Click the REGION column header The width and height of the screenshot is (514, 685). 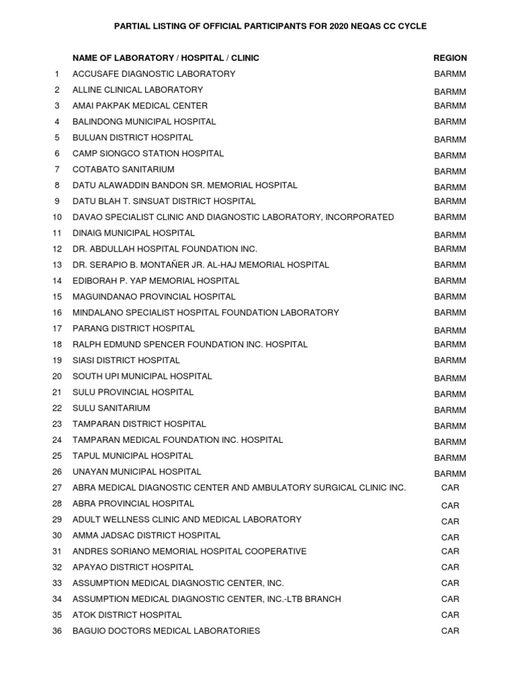click(450, 58)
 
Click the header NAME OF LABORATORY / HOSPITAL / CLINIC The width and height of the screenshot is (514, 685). click(165, 58)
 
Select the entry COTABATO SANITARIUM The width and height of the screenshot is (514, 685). click(123, 169)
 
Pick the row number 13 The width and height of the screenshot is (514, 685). click(57, 265)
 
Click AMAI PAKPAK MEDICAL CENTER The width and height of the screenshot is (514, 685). click(140, 106)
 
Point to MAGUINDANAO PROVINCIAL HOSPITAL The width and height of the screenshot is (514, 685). click(154, 296)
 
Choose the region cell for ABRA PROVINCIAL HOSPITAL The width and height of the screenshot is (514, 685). click(450, 505)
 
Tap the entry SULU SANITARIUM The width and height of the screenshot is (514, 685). click(111, 408)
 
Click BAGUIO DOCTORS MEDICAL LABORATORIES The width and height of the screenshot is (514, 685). click(166, 631)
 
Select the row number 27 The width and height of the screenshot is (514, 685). click(57, 488)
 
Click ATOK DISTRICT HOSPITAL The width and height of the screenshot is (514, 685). click(127, 615)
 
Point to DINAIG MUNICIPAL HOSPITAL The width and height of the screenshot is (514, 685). click(134, 233)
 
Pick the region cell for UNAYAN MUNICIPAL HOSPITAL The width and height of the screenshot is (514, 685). click(450, 474)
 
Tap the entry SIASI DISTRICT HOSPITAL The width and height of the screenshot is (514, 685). click(126, 361)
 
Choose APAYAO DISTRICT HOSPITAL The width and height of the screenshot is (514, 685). click(133, 567)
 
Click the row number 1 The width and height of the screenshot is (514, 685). click(58, 74)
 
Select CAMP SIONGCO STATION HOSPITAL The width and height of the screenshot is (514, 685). click(148, 153)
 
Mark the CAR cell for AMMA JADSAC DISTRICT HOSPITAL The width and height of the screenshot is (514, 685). click(450, 537)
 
